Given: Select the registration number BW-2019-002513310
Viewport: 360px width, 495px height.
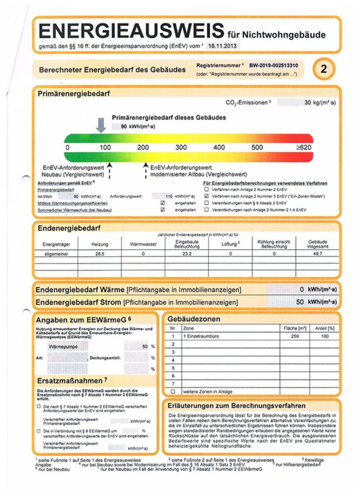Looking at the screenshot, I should click(x=276, y=66).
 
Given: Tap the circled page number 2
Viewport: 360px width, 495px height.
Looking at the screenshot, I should click(x=324, y=69).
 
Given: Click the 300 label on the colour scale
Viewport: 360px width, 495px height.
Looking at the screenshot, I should click(x=181, y=147).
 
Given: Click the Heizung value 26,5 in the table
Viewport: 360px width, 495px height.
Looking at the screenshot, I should click(x=93, y=254).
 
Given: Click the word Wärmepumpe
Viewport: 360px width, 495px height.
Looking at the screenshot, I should click(x=61, y=347).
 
